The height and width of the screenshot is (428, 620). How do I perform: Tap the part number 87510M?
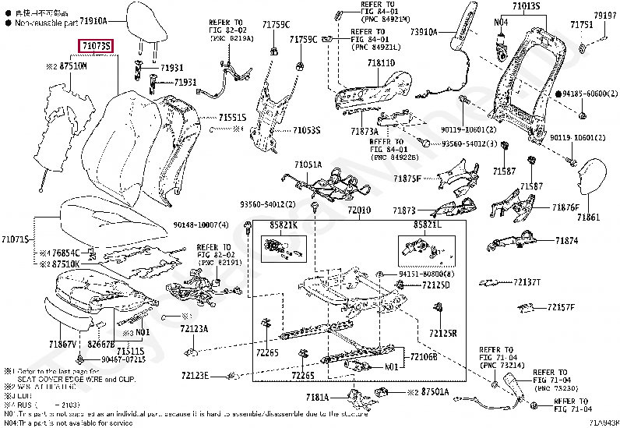[x=69, y=68]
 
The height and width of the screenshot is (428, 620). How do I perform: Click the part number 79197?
[x=604, y=15]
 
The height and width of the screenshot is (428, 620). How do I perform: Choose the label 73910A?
[x=424, y=32]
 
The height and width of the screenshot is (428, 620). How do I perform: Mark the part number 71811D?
[x=382, y=62]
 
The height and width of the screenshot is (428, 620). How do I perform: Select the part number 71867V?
[x=62, y=344]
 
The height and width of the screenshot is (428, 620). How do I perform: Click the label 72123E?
[x=195, y=376]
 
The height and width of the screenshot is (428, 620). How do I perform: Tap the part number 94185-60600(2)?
[x=585, y=94]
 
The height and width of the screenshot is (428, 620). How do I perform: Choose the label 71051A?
[x=308, y=164]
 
